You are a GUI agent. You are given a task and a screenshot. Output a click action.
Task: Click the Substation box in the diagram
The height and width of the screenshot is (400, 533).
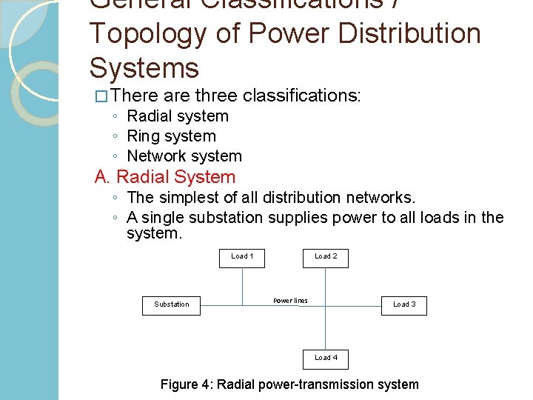click(x=171, y=304)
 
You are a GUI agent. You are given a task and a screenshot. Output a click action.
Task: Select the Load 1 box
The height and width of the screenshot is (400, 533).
click(x=242, y=256)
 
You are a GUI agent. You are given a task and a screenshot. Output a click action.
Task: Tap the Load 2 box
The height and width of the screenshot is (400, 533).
click(x=326, y=256)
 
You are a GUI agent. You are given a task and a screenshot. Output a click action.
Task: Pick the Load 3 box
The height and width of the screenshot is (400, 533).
click(x=404, y=304)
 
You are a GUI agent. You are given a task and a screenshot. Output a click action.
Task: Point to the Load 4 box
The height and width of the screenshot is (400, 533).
click(x=326, y=358)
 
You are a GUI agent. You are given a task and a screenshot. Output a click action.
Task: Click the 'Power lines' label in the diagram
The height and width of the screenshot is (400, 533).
click(x=290, y=301)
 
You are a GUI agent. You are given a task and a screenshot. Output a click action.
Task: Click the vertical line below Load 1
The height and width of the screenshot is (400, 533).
click(x=243, y=285)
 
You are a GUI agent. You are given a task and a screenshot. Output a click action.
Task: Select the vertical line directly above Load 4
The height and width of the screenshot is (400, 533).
click(x=326, y=330)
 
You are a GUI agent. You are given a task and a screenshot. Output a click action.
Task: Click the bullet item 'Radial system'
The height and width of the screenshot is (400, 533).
click(x=178, y=116)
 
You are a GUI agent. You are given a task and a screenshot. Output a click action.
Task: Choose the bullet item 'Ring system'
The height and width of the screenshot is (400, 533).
click(x=171, y=136)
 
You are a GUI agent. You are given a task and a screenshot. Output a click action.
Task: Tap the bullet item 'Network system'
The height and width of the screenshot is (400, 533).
click(x=184, y=156)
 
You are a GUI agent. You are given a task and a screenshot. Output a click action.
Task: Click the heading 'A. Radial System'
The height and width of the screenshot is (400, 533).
click(x=165, y=177)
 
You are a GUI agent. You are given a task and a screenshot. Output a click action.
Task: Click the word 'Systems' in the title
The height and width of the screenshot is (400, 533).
click(x=144, y=68)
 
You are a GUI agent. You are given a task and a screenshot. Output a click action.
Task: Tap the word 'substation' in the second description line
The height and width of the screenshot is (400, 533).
click(x=226, y=218)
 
